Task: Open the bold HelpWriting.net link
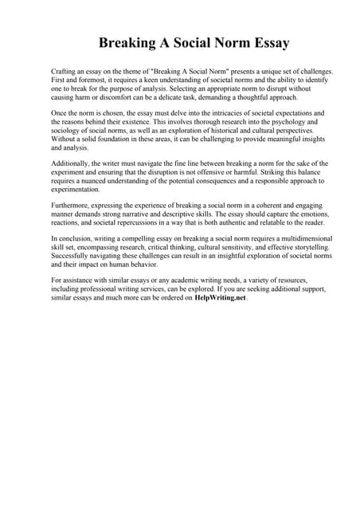221,299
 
